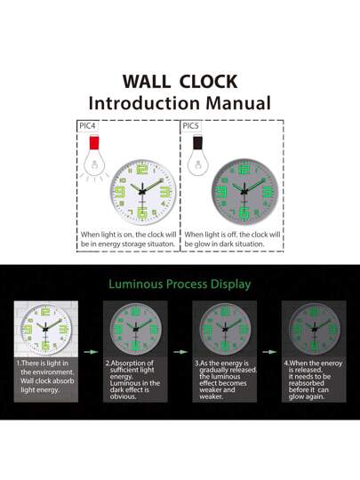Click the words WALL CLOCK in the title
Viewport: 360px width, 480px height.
tap(180, 81)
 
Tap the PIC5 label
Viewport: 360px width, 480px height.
tap(191, 126)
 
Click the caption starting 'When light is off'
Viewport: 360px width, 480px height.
tap(233, 240)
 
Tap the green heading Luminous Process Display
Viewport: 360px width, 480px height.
tap(180, 284)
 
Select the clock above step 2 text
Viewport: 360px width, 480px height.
tap(134, 327)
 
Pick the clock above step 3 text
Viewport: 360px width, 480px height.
tap(224, 327)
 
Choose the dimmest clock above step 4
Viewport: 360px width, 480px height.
tap(313, 327)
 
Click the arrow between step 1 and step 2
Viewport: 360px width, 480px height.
tap(90, 351)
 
